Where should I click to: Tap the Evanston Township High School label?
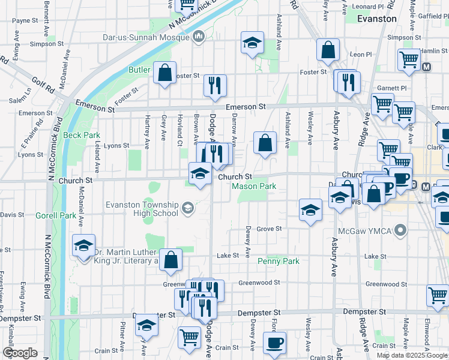click(x=142, y=209)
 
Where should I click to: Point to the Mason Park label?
click(x=255, y=187)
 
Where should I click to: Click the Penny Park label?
click(x=278, y=261)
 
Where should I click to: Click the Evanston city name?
click(x=376, y=19)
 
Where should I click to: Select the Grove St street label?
click(x=270, y=229)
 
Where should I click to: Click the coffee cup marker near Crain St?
click(x=275, y=343)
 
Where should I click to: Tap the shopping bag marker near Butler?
click(x=164, y=73)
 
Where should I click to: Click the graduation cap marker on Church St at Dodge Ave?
click(x=200, y=175)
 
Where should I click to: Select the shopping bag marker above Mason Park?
click(x=265, y=143)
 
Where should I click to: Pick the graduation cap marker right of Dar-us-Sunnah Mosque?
click(x=252, y=43)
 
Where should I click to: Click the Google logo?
click(x=19, y=353)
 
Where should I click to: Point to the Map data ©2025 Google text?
click(x=411, y=355)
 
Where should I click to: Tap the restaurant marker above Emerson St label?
click(x=215, y=86)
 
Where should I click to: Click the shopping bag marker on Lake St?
click(x=171, y=260)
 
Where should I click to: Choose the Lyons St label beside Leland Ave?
click(x=116, y=145)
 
